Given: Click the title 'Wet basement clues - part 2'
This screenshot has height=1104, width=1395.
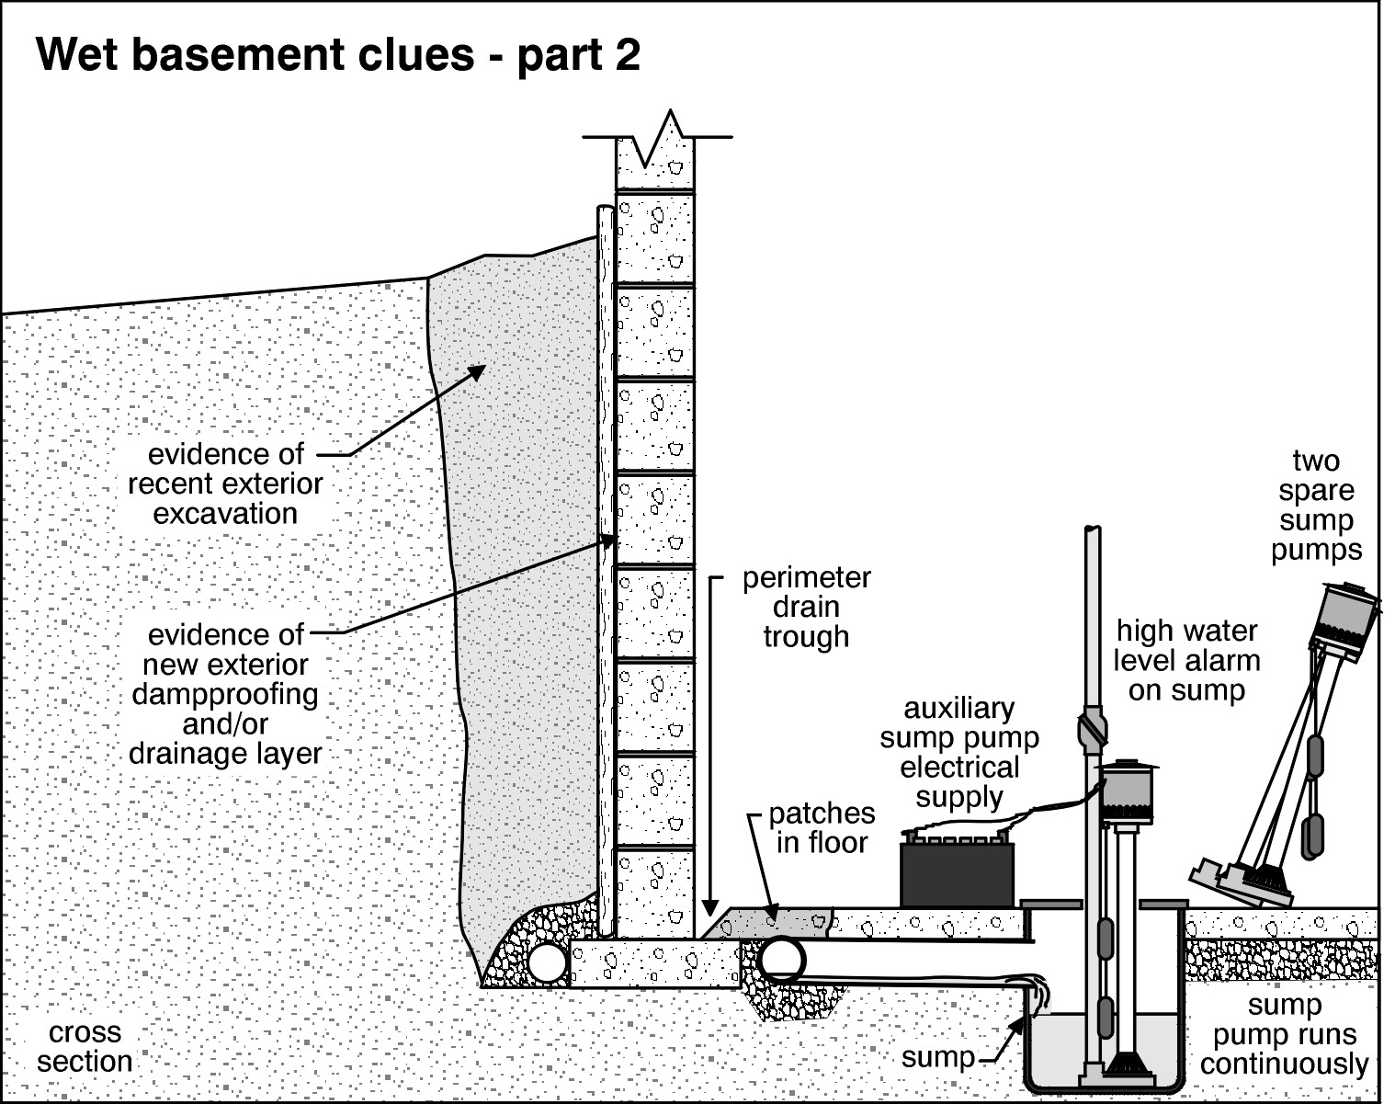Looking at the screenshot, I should [337, 55].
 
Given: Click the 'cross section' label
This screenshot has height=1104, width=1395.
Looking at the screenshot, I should [85, 1047].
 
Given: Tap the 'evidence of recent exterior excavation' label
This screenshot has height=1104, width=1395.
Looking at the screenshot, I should [225, 484].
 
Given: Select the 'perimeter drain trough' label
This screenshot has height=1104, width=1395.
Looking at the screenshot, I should [806, 607].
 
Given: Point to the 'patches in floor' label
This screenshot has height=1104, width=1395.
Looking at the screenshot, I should [822, 827].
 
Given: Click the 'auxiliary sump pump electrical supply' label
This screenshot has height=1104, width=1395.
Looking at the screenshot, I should [959, 752].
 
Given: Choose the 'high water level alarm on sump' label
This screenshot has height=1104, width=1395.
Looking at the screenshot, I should [1186, 660].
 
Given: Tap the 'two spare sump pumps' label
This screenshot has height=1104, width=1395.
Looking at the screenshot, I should [1316, 505].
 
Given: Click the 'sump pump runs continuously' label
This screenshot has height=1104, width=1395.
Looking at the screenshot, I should [1284, 1034].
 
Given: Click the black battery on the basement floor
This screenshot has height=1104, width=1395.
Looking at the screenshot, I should [957, 874].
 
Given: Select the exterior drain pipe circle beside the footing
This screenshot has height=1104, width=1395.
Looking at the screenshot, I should [549, 962].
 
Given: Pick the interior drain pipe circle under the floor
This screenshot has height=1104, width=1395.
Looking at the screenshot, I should [780, 959].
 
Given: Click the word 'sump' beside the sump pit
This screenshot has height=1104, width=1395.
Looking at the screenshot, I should [937, 1057].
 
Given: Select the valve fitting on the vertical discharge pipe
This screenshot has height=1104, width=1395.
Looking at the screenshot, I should [1091, 731].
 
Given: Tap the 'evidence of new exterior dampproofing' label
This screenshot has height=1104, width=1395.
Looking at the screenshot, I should [225, 693].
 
